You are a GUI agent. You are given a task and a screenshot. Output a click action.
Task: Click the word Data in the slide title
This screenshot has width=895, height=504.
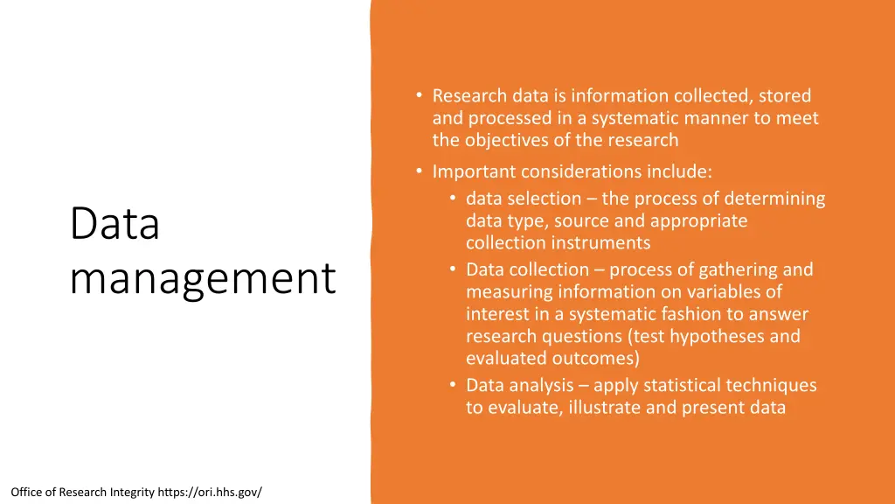click(114, 224)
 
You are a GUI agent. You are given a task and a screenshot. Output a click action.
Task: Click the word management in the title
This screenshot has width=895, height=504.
click(202, 278)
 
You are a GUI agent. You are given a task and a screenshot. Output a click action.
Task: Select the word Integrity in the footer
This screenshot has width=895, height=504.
click(132, 492)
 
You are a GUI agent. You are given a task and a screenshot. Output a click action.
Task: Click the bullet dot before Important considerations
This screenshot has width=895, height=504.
click(420, 171)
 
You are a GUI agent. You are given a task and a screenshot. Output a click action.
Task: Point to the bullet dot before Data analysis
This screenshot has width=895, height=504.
click(454, 385)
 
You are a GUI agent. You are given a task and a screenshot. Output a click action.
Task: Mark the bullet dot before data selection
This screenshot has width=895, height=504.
click(454, 199)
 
